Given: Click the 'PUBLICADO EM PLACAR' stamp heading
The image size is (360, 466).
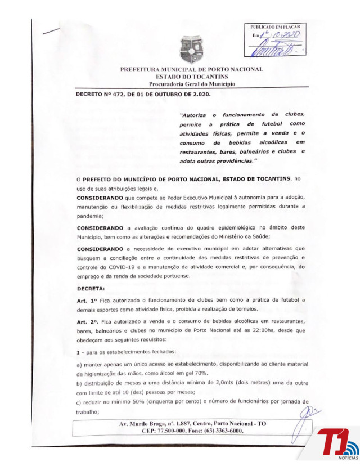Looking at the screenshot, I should point(275,27).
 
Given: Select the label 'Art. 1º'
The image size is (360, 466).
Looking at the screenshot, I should point(87,302).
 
